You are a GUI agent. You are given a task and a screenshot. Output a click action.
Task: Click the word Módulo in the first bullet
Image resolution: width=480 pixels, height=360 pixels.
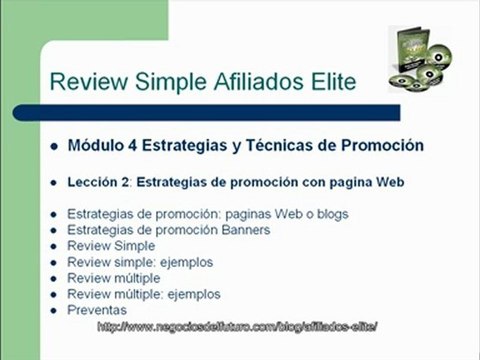[96, 145]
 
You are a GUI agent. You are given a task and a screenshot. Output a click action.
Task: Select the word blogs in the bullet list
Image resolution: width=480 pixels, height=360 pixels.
[329, 215]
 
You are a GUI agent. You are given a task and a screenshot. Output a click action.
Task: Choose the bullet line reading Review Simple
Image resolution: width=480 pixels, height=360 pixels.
[111, 247]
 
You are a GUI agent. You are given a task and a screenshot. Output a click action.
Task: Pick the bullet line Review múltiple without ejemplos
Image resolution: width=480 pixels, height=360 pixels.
[113, 279]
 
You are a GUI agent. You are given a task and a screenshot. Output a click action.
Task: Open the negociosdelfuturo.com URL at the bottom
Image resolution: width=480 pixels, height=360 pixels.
[240, 327]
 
